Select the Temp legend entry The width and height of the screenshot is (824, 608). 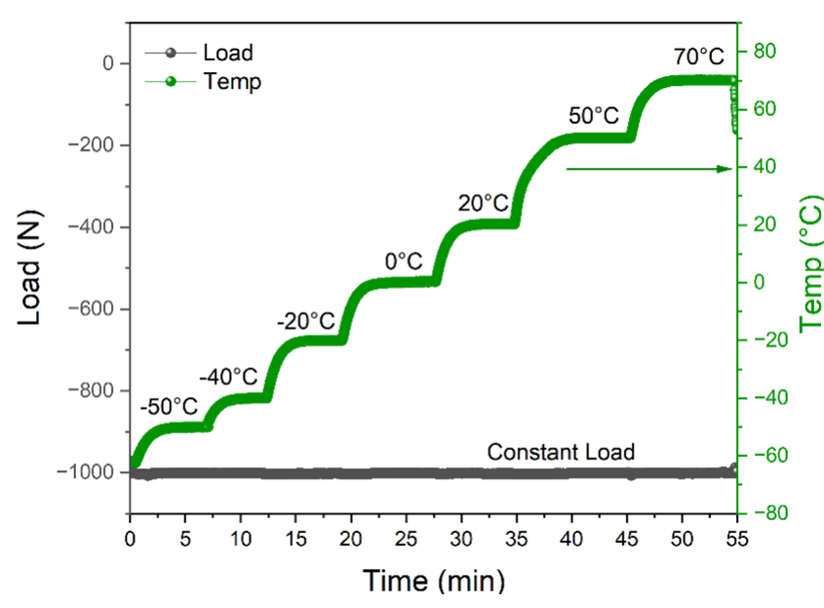[x=232, y=81]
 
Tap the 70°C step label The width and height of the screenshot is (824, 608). [x=699, y=56]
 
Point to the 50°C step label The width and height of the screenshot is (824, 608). [x=594, y=115]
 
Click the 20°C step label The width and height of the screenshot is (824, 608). [x=484, y=203]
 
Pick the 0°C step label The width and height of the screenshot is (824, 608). [x=403, y=261]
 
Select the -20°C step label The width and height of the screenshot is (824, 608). [x=305, y=320]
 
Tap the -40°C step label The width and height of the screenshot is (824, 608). [x=228, y=376]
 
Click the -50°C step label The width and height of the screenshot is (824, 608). [x=169, y=405]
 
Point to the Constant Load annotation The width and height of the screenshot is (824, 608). [x=561, y=452]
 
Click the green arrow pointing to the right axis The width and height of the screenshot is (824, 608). [x=648, y=169]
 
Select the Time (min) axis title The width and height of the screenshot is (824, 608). [x=434, y=582]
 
